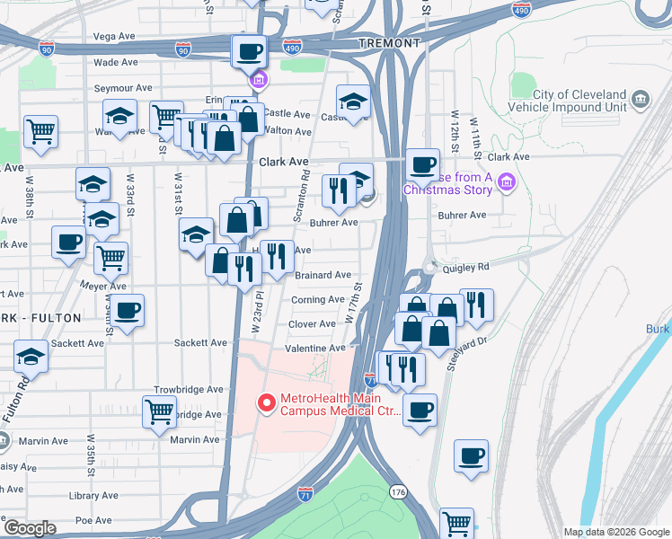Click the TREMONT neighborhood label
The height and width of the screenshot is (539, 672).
pyautogui.click(x=389, y=43)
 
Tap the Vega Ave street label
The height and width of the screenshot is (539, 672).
pyautogui.click(x=115, y=37)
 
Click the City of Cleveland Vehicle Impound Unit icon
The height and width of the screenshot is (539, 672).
pyautogui.click(x=640, y=98)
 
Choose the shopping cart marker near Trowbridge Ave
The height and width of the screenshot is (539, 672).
pyautogui.click(x=160, y=412)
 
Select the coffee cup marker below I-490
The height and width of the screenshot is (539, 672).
pyautogui.click(x=249, y=50)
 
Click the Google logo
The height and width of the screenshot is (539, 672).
pyautogui.click(x=30, y=528)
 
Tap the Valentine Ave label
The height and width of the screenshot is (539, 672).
pyautogui.click(x=314, y=349)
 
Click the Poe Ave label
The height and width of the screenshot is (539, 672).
pyautogui.click(x=93, y=520)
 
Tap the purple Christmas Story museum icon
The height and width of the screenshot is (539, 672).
pyautogui.click(x=506, y=183)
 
